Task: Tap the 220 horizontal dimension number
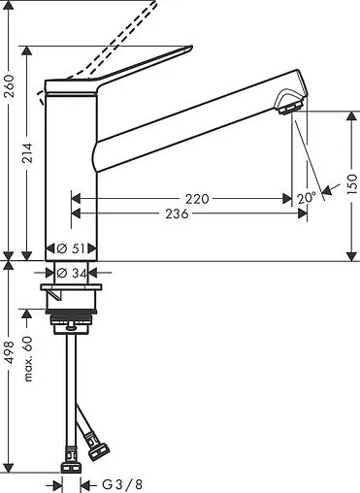click(x=197, y=198)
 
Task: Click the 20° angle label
click(x=308, y=197)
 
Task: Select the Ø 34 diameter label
click(x=72, y=272)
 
